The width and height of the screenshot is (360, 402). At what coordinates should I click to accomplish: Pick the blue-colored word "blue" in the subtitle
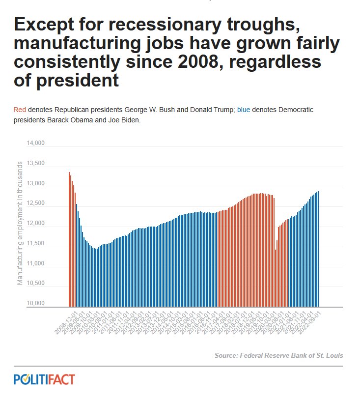coord(244,110)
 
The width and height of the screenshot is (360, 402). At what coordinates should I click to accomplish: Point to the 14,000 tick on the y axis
coord(35,144)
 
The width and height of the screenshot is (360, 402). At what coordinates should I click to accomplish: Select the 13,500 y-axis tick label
coord(35,164)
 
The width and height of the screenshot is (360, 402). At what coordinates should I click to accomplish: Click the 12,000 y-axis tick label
coord(35,224)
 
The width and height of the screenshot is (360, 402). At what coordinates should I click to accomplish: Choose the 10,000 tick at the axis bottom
coord(35,303)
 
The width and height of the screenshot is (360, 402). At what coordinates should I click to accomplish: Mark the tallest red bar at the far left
coord(69,239)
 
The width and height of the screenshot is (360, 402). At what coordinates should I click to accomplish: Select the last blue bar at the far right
coord(318,249)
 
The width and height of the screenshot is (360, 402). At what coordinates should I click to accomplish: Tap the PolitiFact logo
coord(44,379)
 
